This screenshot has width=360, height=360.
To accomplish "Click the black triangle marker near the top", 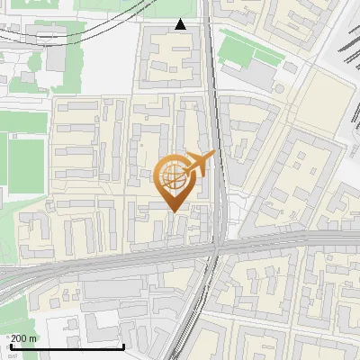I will pyautogui.click(x=181, y=24).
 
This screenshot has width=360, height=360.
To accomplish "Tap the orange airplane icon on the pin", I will pyautogui.click(x=199, y=164).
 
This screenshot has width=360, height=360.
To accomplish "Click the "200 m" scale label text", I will pyautogui.click(x=23, y=337).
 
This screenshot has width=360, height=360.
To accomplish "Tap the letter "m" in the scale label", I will pyautogui.click(x=32, y=337).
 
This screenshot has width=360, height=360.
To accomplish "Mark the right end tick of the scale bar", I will pyautogui.click(x=123, y=345).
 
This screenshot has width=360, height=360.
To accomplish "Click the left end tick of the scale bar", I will pyautogui.click(x=11, y=345).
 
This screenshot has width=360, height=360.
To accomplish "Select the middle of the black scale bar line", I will pyautogui.click(x=67, y=346).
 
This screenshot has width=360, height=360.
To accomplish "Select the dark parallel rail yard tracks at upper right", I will pyautogui.click(x=346, y=54).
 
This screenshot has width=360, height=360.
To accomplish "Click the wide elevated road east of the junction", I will pyautogui.click(x=288, y=238).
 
